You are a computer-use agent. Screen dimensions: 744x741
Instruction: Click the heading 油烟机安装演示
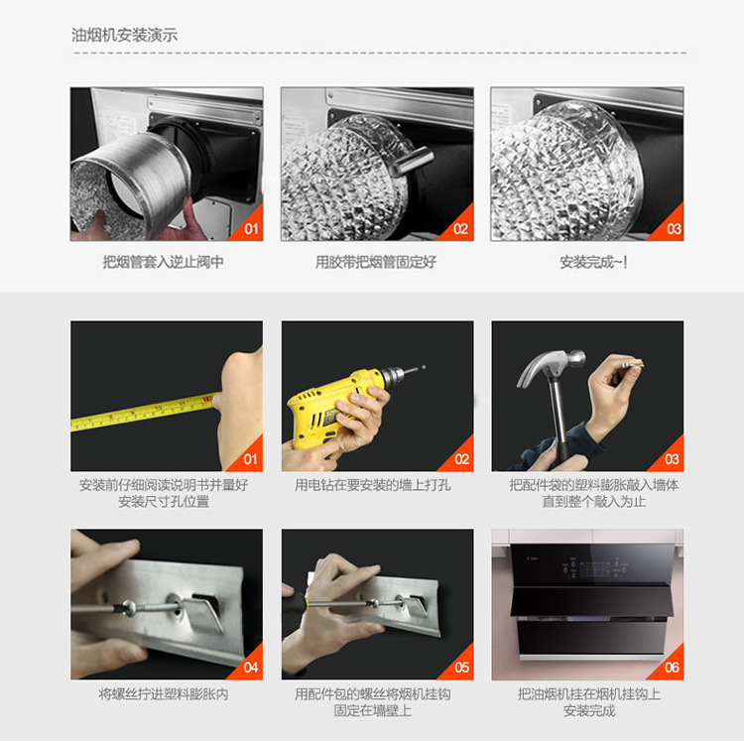coord(124,35)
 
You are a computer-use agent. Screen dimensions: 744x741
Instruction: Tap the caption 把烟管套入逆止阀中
coord(164,262)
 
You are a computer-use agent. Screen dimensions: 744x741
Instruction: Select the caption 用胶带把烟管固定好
coord(376,262)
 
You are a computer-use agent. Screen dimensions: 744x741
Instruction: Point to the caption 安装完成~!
coord(593,262)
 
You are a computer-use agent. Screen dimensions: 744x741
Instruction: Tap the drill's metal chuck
coord(392,376)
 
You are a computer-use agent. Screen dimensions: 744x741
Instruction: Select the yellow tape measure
coord(143,412)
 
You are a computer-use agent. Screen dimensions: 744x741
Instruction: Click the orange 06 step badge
coord(670,665)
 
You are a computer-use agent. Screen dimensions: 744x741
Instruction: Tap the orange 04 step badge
coord(249,665)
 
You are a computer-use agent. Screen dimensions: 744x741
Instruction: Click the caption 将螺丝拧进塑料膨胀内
coord(164,694)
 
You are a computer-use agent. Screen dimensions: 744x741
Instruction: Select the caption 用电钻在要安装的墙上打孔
coord(372,485)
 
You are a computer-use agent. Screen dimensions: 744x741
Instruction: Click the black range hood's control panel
coord(593,567)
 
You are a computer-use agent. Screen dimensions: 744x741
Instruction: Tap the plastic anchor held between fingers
coord(633,365)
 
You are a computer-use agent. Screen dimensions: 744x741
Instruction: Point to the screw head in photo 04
coord(129,607)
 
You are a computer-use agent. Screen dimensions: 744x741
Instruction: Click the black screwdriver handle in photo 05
coord(296,604)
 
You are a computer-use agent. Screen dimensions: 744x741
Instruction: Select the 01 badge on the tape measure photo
coord(249,456)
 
